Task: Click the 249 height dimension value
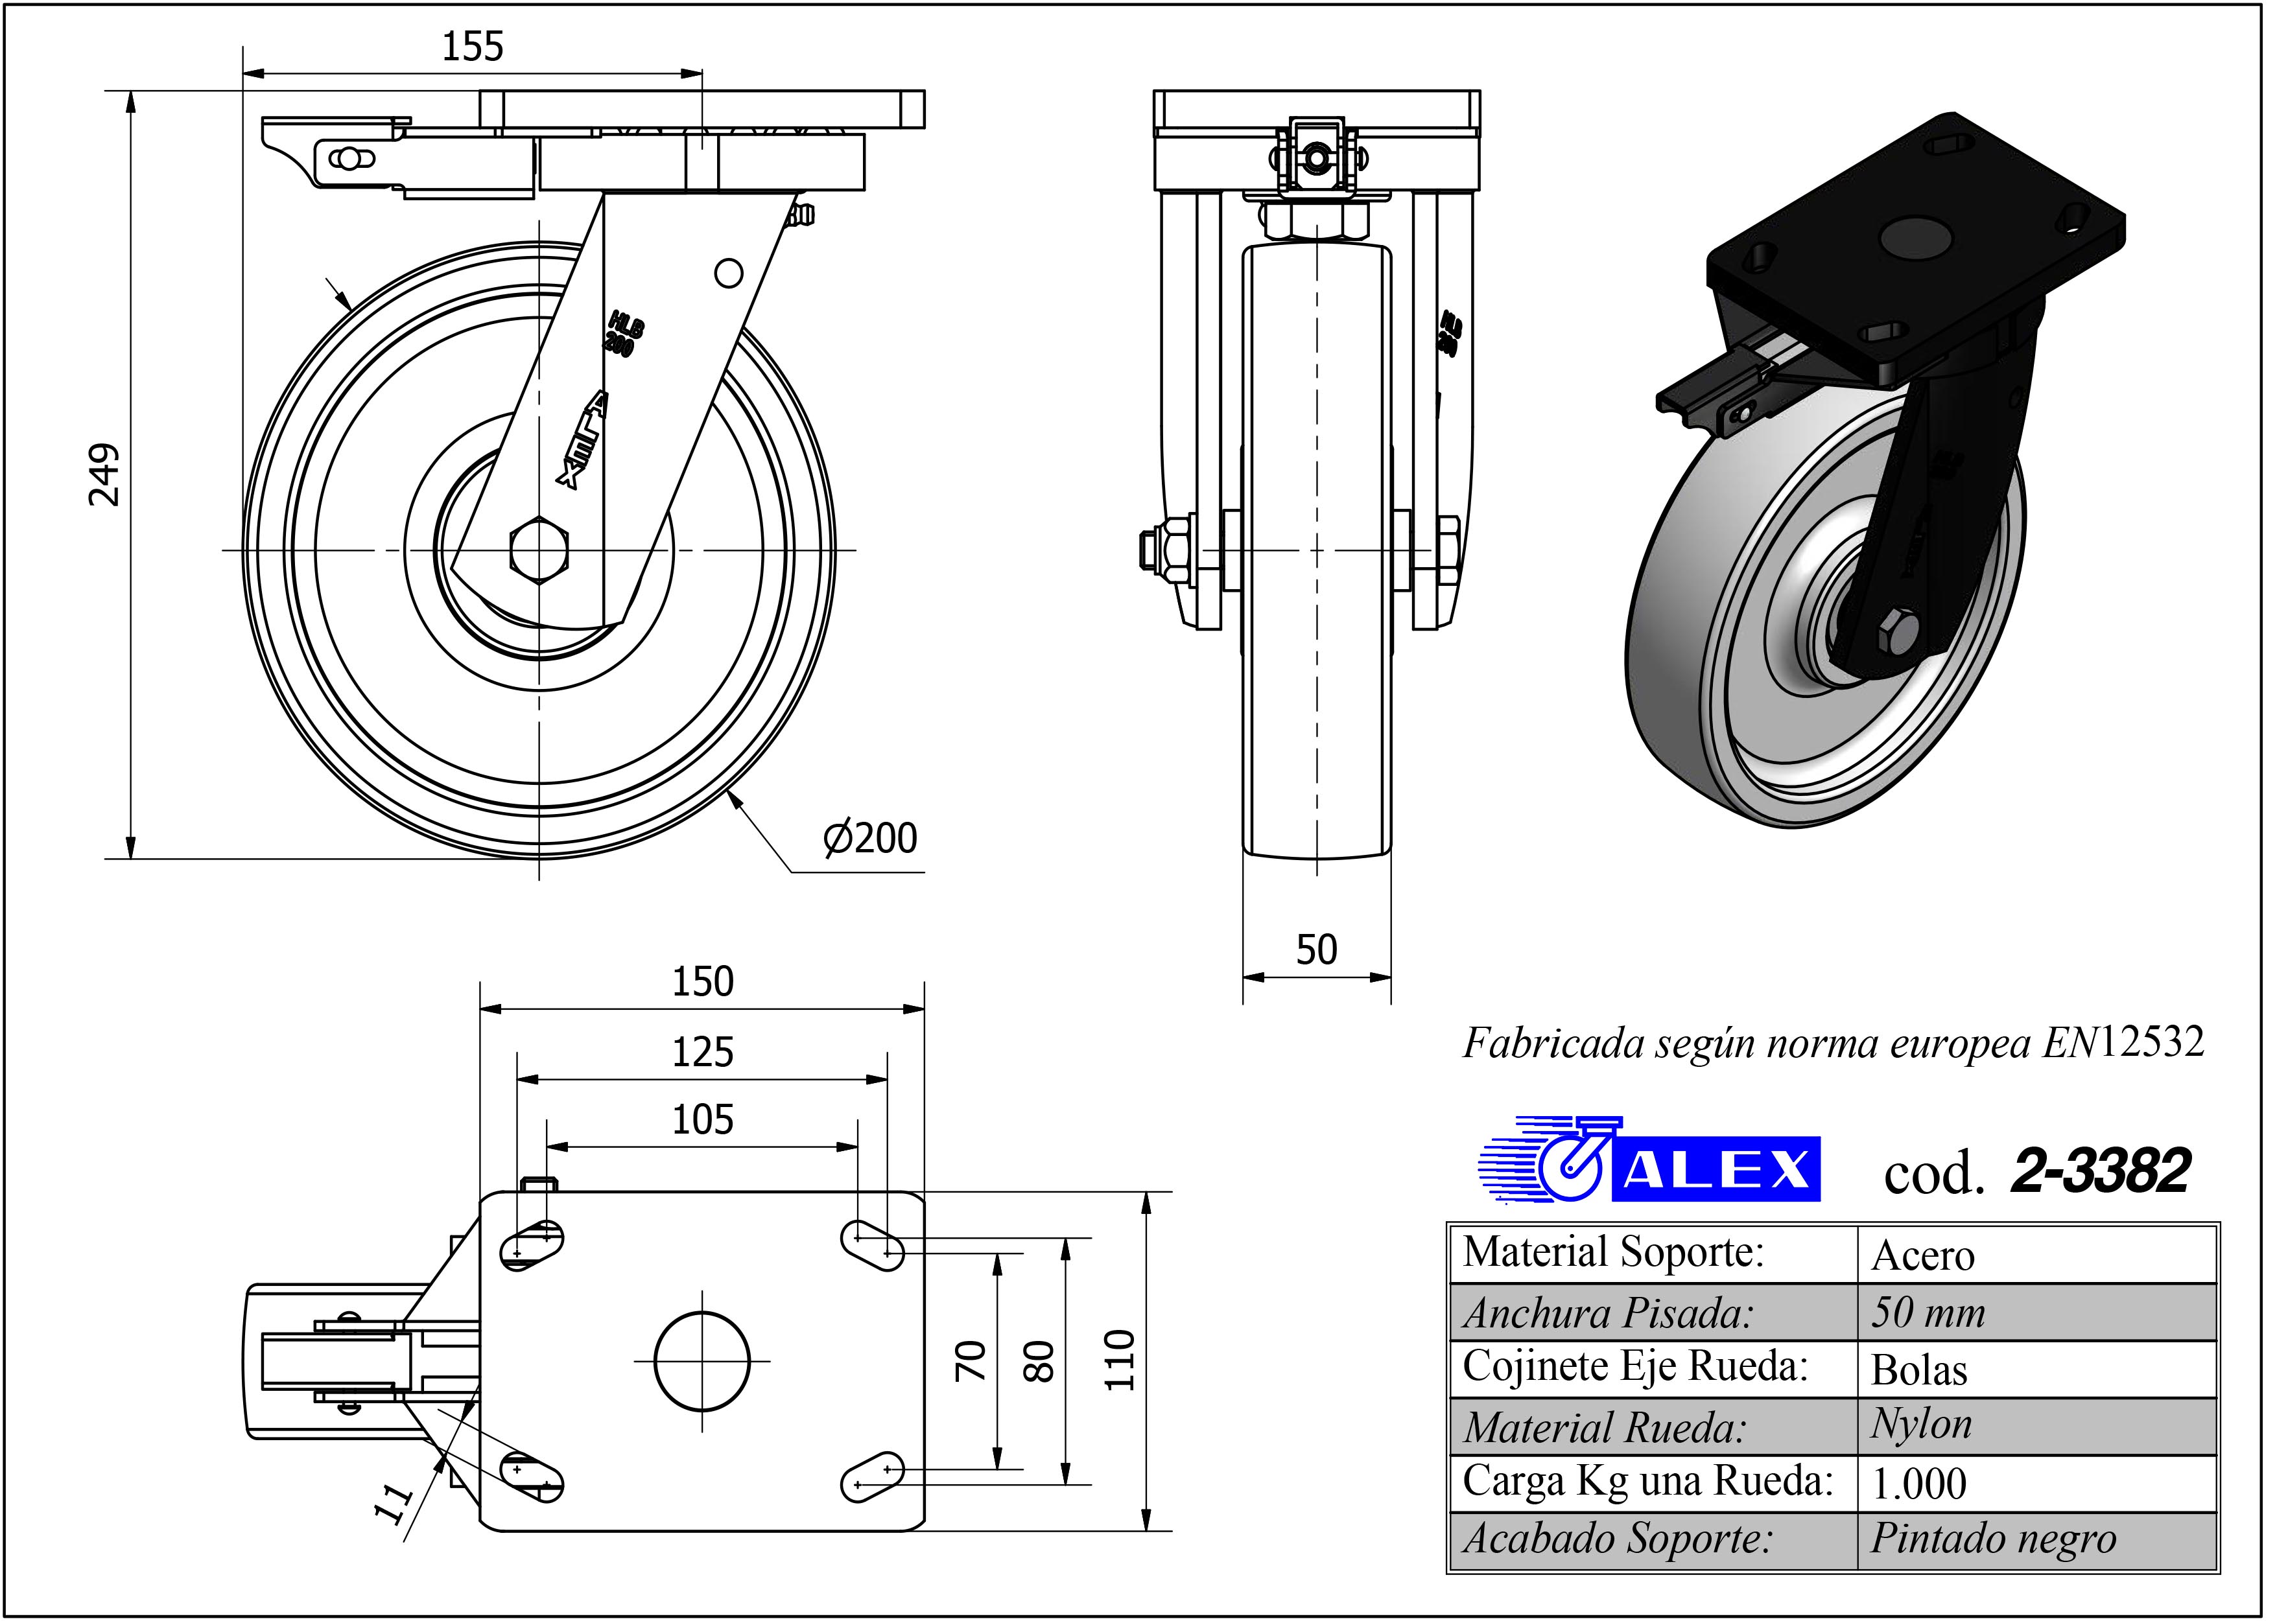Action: tap(104, 475)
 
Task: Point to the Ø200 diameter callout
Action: tap(869, 839)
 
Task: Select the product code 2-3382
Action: tap(2101, 1172)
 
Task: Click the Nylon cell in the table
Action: tap(1922, 1425)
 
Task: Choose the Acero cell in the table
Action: tap(1922, 1255)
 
